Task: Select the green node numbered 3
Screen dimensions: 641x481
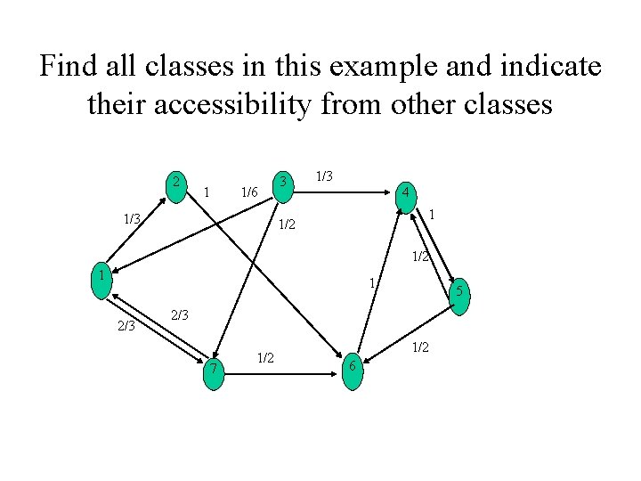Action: point(282,183)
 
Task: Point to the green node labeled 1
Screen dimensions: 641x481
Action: point(104,277)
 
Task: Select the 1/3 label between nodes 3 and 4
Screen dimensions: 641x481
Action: point(324,176)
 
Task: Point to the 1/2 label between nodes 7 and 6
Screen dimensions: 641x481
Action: point(264,358)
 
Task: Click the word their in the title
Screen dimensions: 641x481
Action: point(117,105)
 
